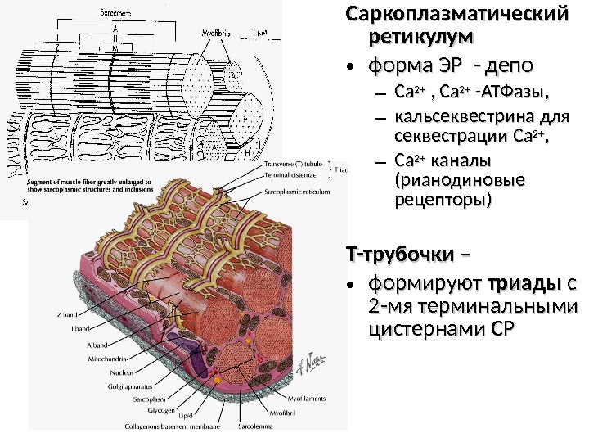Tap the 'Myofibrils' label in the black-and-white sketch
tap(218, 32)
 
